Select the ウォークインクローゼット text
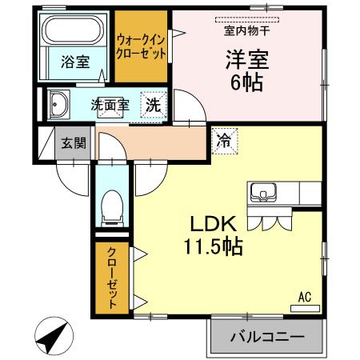142,46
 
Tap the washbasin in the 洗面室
59,104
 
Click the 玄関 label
74,144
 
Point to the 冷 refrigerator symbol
223,141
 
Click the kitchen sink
263,193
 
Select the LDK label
212,225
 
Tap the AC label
304,297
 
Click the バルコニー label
268,338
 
